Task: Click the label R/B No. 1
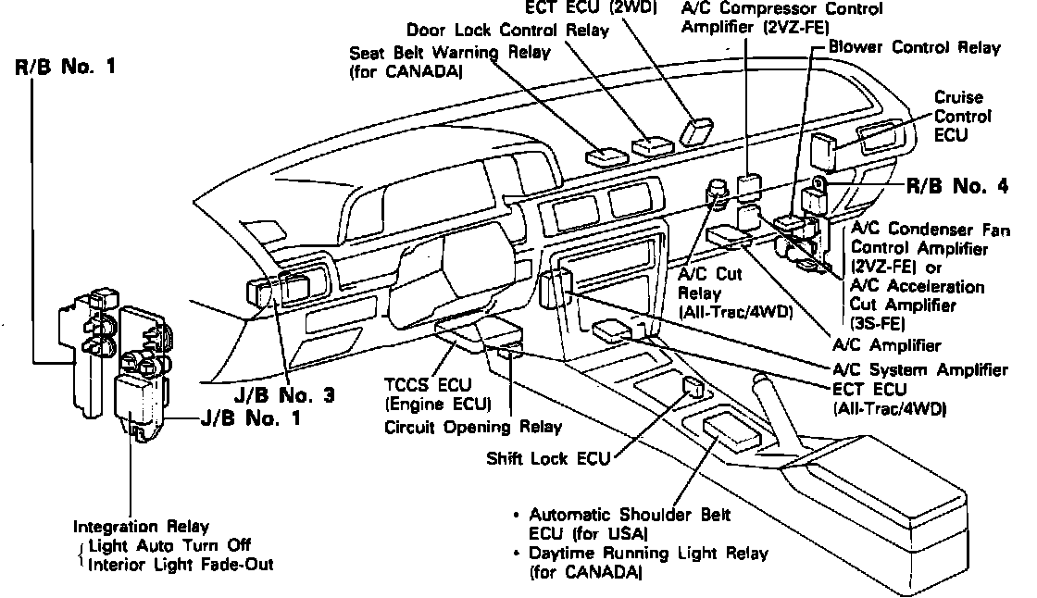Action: coord(64,69)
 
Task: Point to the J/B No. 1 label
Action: coord(254,418)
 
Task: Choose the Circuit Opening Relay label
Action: coord(473,428)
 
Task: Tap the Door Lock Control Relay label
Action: coord(507,31)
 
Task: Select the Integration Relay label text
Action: coord(141,527)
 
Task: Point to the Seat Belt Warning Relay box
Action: coord(607,153)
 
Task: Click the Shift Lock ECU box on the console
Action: coord(693,387)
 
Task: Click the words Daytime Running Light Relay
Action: coord(648,554)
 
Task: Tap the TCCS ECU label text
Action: coord(436,387)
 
